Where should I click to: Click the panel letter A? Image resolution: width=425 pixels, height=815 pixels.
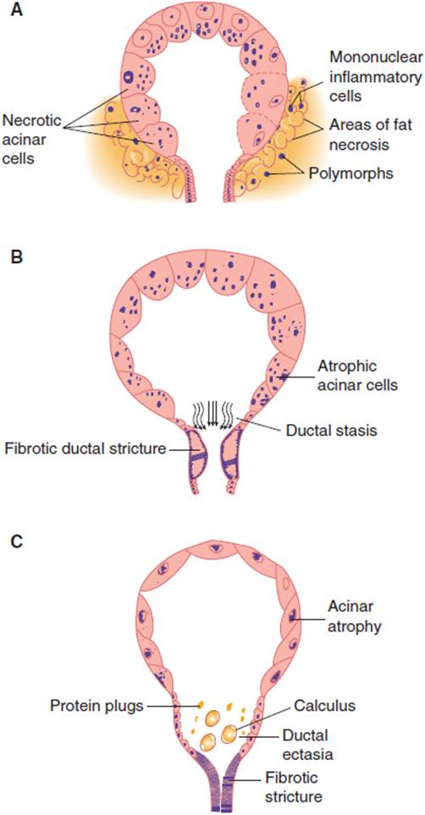point(17,10)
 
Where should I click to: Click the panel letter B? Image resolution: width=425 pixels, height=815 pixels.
point(17,258)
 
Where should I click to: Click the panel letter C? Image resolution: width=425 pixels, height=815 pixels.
point(17,541)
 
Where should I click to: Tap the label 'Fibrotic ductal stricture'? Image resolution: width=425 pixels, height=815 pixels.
point(86,448)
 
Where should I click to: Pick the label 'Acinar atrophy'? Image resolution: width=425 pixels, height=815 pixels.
point(355,616)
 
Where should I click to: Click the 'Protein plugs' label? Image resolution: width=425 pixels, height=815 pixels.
point(98,706)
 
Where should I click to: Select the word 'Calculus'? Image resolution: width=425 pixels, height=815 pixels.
point(324,705)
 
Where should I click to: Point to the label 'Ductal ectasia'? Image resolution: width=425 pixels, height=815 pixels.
point(305,744)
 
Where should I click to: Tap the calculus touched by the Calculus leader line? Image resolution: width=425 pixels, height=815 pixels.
point(229,734)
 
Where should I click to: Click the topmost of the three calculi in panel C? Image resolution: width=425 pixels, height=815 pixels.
point(212,720)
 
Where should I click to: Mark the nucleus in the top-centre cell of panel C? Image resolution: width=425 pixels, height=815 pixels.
point(215,548)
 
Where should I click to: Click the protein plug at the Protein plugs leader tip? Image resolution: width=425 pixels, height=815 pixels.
point(201,705)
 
